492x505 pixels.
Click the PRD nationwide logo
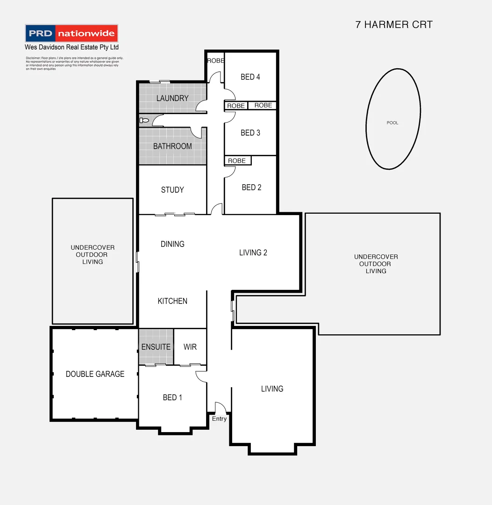click(71, 34)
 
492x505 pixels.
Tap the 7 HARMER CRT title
click(394, 25)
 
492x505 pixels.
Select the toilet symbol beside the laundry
click(144, 121)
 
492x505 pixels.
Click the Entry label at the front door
click(219, 418)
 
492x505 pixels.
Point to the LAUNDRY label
click(172, 98)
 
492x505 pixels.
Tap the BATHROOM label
click(172, 146)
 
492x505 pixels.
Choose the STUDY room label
click(172, 190)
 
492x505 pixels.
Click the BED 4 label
click(250, 77)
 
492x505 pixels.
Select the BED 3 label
click(250, 133)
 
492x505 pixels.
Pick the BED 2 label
click(251, 188)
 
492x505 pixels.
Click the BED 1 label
click(172, 397)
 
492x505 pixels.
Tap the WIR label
click(190, 347)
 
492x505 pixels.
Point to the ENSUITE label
click(156, 347)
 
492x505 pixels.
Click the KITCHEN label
click(172, 301)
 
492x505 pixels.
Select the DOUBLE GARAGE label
click(95, 374)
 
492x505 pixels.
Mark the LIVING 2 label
click(253, 252)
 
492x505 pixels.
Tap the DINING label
click(172, 244)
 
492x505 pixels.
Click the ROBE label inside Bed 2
click(237, 161)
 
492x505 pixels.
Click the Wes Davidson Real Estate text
click(71, 47)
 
